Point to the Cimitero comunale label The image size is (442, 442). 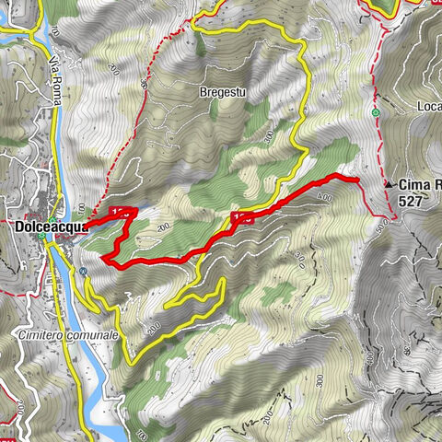68,336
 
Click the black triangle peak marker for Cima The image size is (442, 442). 387,184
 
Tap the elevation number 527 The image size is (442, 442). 411,199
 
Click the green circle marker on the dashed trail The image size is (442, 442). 376,113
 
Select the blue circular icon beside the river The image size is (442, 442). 83,272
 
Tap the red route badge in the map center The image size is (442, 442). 242,217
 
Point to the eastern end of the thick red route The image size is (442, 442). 355,179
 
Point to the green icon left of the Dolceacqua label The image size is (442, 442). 42,236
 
